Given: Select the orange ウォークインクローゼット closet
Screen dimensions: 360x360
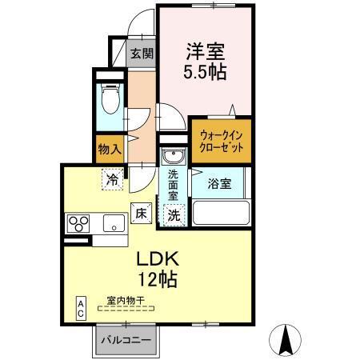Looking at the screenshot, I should point(221,142).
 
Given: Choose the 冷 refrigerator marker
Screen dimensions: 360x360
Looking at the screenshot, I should point(113,179).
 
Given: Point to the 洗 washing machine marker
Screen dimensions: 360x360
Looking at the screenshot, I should point(174,214).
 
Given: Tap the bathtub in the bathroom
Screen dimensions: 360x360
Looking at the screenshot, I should point(220,214).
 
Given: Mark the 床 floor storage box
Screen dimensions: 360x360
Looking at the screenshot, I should point(141,214).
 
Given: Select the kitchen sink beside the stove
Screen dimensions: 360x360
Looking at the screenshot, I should point(116,222).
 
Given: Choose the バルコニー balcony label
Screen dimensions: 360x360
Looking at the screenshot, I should point(125,341).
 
